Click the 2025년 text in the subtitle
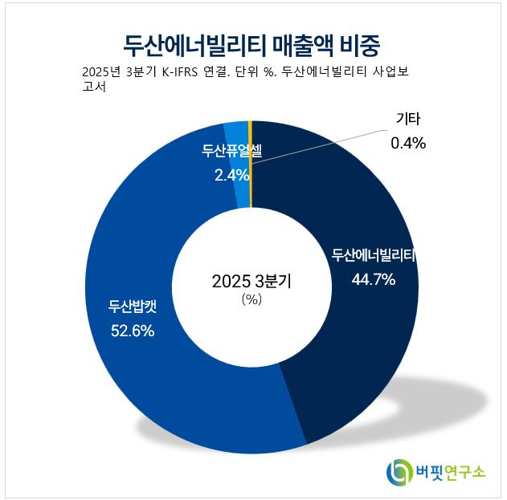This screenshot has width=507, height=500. pos(103,73)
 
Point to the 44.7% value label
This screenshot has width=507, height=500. pos(374,279)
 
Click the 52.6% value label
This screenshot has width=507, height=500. pos(133,330)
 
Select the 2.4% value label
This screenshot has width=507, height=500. pos(231,174)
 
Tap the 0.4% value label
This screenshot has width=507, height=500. pos(407,143)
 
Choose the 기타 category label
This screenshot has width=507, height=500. pos(407,120)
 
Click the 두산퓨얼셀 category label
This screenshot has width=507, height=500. pos(231,150)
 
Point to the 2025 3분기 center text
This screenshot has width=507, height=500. pos(251,282)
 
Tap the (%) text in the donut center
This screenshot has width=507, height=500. pos(252,299)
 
